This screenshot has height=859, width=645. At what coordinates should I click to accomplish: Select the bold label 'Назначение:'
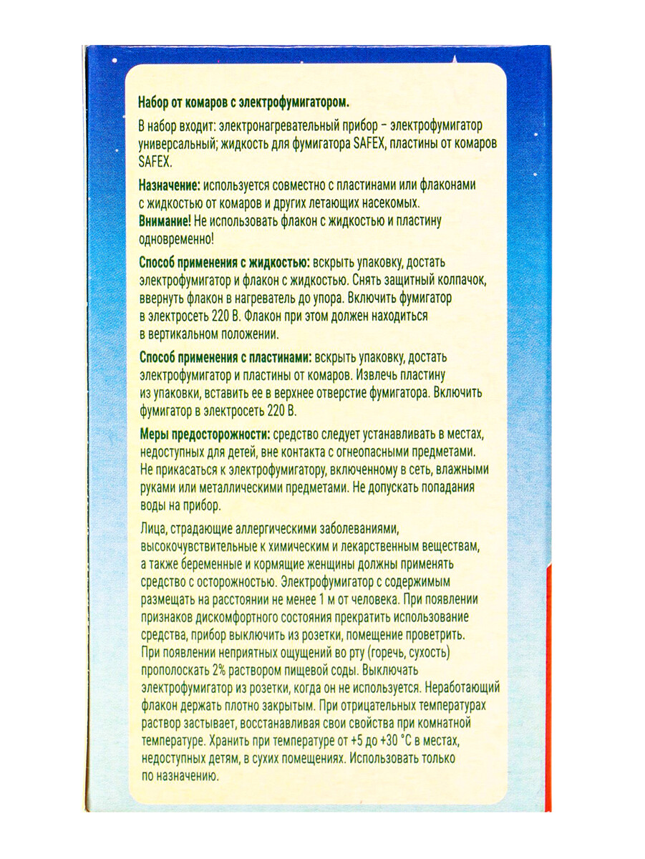(170, 185)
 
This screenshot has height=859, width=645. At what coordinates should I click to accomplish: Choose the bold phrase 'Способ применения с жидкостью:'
(223, 263)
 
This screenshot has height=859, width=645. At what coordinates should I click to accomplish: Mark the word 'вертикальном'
(186, 334)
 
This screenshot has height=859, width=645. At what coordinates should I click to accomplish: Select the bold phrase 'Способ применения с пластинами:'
(225, 356)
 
